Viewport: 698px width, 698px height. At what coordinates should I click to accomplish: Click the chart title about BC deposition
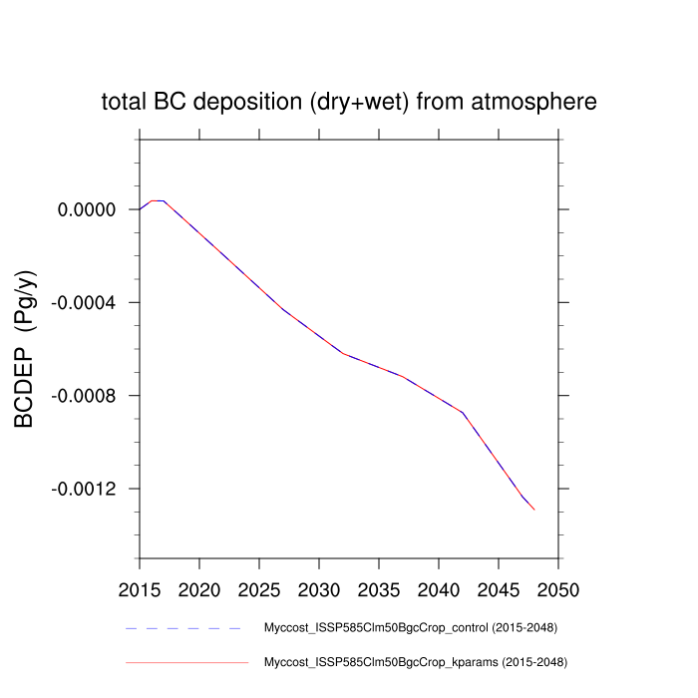349,102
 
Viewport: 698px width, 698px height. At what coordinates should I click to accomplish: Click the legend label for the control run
409,628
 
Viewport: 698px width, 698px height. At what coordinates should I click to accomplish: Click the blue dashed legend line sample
185,628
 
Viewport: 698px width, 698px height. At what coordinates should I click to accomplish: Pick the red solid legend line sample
185,661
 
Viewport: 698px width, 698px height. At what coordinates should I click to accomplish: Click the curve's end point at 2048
534,510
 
